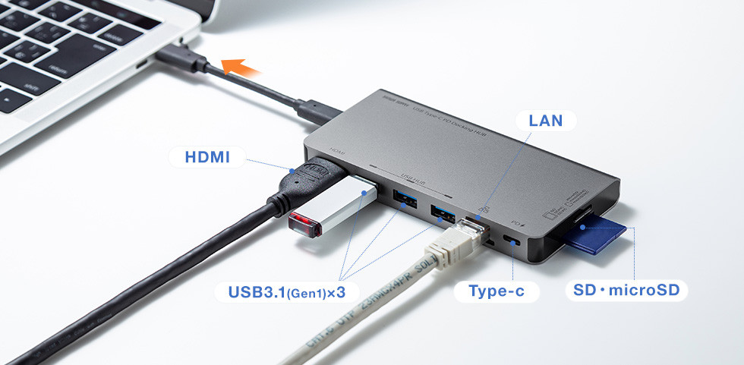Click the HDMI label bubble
(x=206, y=158)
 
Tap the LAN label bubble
(x=545, y=121)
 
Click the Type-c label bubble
(x=497, y=291)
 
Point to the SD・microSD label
(x=626, y=291)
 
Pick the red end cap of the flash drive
(x=300, y=224)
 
